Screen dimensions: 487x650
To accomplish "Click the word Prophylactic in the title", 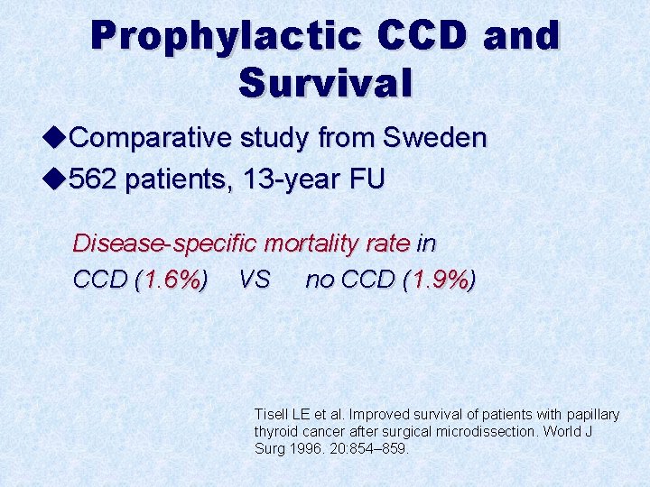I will click(226, 36).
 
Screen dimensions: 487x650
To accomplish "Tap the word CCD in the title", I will click(424, 36).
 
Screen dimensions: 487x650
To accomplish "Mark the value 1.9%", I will click(439, 280).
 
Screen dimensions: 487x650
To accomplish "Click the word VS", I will click(255, 280).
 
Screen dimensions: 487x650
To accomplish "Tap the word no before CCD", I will click(320, 280).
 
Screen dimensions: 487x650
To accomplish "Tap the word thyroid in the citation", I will click(273, 431).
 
